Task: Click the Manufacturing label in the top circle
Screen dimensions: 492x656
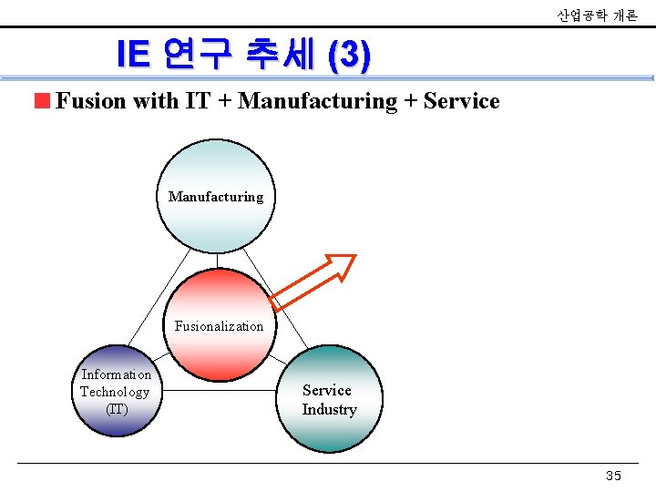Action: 216,197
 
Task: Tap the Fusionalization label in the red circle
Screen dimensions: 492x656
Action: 219,326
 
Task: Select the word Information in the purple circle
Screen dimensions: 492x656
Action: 117,374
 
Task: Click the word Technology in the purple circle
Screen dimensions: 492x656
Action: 115,392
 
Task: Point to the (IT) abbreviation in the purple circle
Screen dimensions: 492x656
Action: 117,409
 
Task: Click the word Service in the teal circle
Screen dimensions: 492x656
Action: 327,390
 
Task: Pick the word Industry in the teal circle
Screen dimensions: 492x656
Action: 329,409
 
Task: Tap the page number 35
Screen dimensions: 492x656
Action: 613,477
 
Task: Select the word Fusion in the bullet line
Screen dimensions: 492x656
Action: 89,101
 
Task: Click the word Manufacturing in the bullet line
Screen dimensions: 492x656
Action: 317,101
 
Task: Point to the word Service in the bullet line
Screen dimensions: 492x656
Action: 461,101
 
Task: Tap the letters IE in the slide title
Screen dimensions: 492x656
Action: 133,56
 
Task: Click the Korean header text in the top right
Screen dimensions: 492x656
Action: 597,15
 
